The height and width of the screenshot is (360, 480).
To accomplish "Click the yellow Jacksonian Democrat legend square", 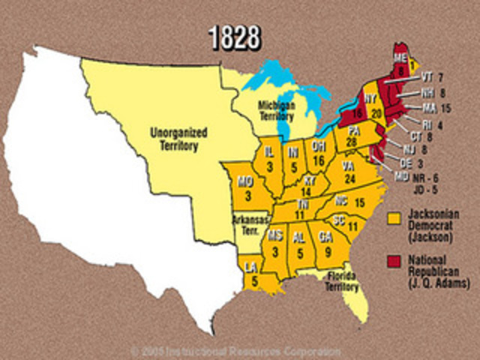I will [394, 218].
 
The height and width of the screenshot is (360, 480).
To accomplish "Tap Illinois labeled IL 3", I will [268, 160].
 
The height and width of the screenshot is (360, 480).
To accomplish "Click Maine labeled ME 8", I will [403, 66].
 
